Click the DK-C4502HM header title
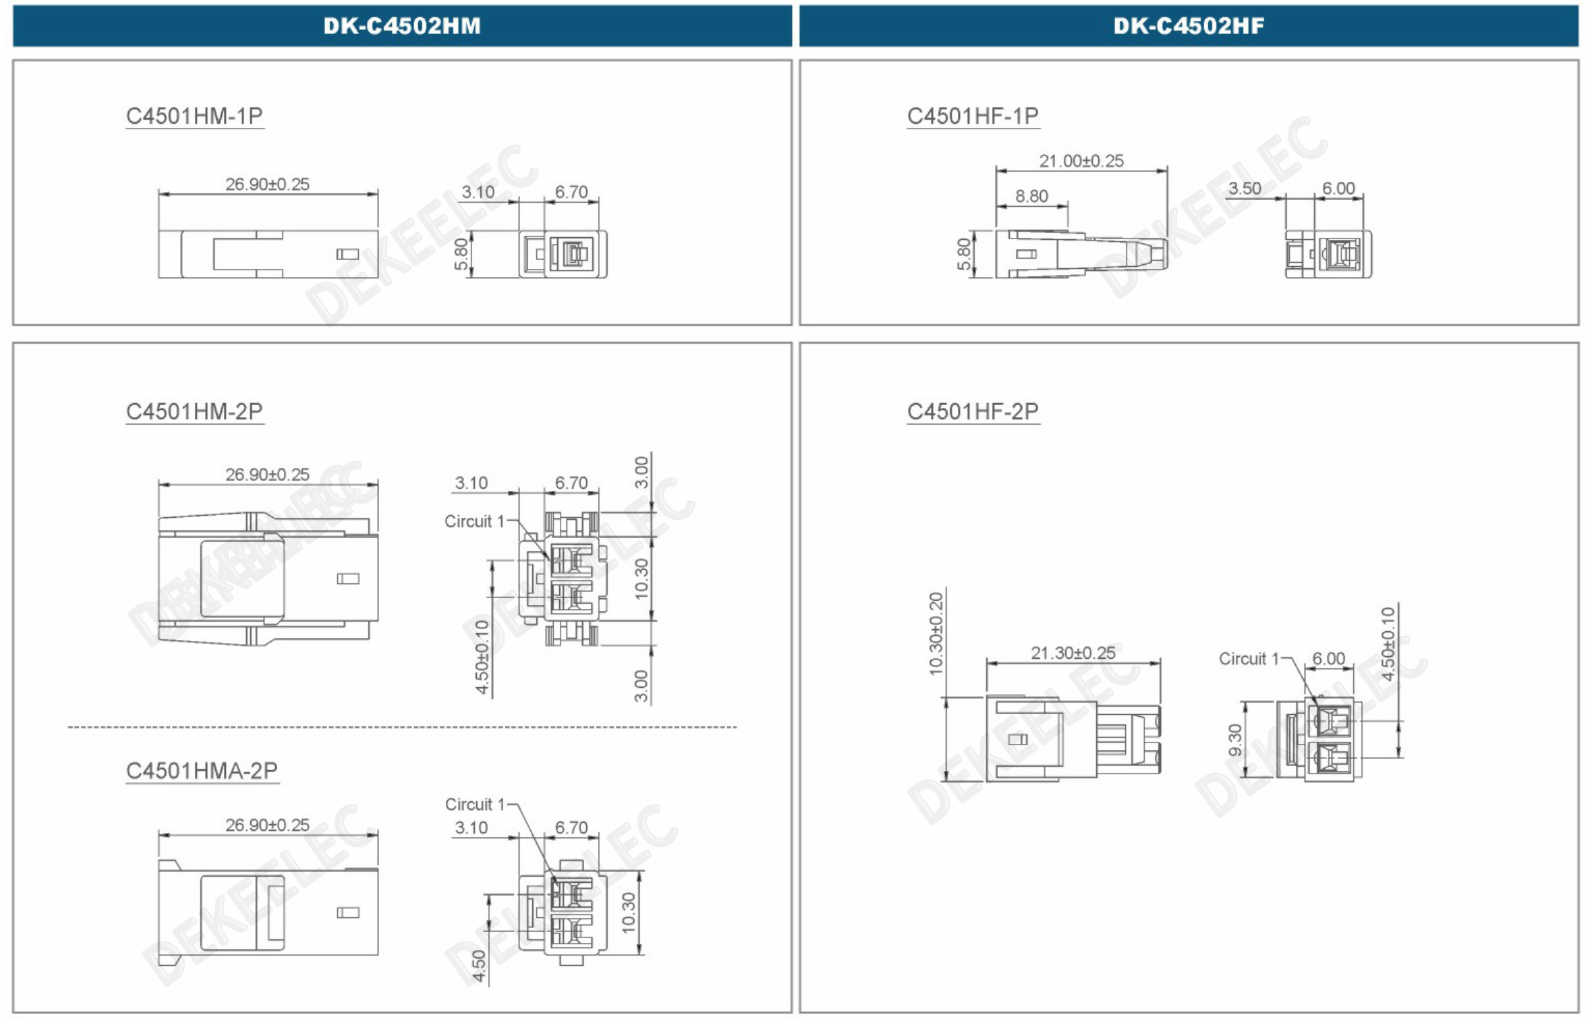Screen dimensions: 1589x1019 click(402, 26)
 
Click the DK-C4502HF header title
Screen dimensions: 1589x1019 click(1189, 26)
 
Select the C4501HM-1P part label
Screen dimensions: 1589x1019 click(194, 115)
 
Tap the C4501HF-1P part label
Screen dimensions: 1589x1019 click(972, 115)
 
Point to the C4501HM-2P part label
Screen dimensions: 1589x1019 click(194, 411)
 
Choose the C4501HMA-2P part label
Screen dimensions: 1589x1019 click(202, 770)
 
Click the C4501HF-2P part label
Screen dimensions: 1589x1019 click(972, 411)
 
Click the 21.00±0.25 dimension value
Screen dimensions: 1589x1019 click(1082, 161)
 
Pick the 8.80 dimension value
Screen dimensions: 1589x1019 click(1032, 196)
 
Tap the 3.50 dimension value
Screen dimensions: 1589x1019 click(1244, 189)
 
